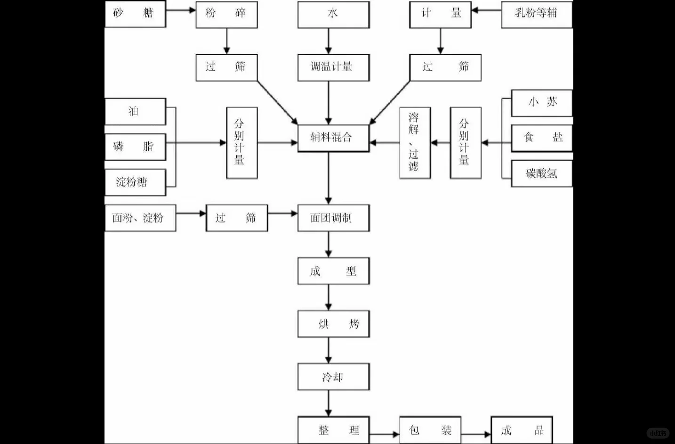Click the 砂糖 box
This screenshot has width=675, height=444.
(135, 14)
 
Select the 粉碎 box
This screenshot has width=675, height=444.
(226, 14)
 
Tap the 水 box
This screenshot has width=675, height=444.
(333, 14)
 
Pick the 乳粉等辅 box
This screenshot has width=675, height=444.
(537, 14)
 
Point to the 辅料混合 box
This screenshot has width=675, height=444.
(333, 138)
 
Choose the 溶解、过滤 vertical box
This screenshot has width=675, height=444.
(415, 142)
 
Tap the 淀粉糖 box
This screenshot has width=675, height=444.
(135, 182)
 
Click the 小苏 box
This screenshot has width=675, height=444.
(542, 103)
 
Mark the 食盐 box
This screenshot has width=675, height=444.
(542, 138)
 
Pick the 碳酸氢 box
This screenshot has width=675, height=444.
(542, 174)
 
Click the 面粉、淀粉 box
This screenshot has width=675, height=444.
(140, 218)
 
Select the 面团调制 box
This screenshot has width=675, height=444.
(333, 218)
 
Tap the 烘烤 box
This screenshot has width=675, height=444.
(333, 324)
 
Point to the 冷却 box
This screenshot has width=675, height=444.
(333, 377)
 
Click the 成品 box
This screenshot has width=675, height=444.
(522, 430)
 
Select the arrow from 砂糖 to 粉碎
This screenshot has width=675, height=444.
(181, 10)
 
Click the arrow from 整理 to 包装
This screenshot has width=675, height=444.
(384, 434)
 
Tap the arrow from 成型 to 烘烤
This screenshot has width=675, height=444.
(329, 297)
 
